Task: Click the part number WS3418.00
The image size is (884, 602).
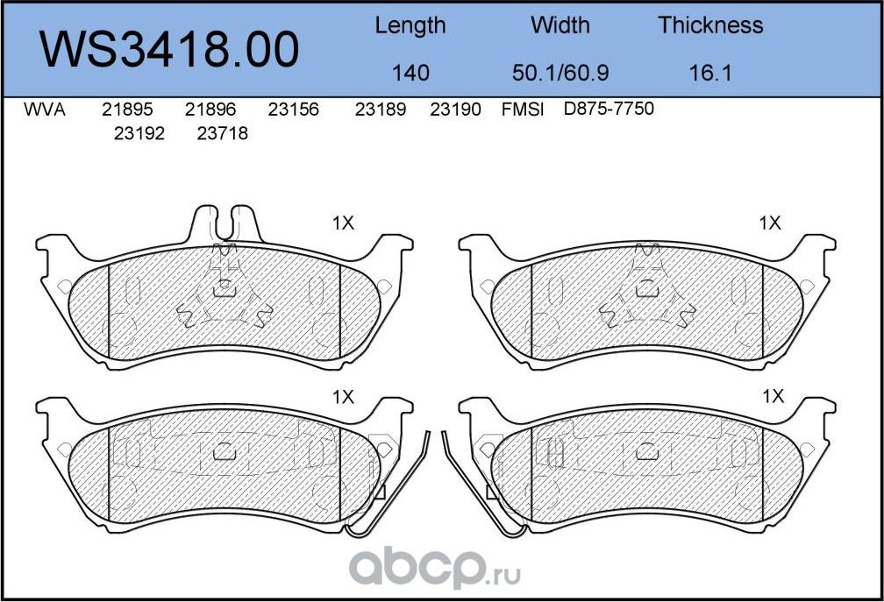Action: coord(169,49)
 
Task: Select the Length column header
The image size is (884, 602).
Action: coord(410,26)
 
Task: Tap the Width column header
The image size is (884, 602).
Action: coord(560,25)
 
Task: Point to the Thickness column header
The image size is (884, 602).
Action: coord(710,25)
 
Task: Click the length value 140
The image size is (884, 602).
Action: coord(410,73)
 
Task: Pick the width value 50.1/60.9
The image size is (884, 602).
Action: coord(560,73)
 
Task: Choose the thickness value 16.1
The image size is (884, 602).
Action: coord(710,73)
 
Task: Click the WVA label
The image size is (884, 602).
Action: coord(45,110)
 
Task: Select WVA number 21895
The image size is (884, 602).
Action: coord(127,110)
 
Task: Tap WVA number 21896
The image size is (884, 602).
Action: coord(210,110)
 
